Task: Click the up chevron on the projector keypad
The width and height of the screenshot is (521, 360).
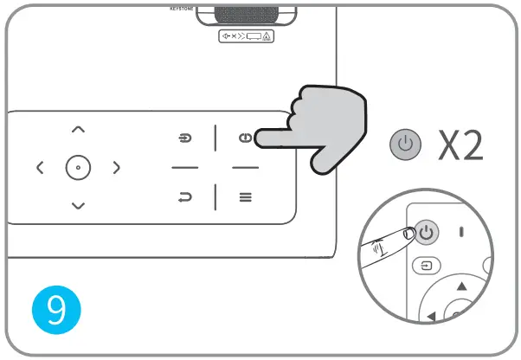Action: (78, 129)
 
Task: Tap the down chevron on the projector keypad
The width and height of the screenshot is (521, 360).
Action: (78, 205)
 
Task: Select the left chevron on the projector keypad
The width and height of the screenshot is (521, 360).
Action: (40, 167)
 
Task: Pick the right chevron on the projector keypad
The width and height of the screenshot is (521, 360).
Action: (116, 167)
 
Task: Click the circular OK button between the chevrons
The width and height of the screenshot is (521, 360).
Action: (78, 167)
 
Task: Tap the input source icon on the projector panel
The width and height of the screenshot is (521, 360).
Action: (184, 138)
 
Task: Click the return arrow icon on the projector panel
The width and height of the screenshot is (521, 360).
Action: (184, 197)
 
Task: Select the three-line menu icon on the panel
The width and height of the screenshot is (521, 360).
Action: (246, 197)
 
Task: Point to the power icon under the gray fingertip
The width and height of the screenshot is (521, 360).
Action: (246, 138)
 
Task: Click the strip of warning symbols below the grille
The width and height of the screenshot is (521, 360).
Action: (246, 36)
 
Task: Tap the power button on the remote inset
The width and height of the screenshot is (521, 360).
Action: (428, 232)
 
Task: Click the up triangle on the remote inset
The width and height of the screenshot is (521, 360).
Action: (461, 286)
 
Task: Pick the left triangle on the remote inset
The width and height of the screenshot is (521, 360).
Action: (430, 317)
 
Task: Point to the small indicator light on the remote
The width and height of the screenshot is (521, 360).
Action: (462, 232)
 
